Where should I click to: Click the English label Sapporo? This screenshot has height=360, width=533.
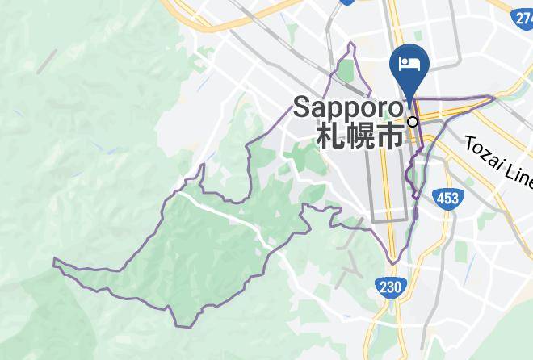pyautogui.click(x=348, y=107)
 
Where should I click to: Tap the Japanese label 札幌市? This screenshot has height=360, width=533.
pyautogui.click(x=359, y=135)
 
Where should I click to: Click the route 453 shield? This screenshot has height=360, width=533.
pyautogui.click(x=448, y=199)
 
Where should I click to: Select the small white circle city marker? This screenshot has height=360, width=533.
pyautogui.click(x=413, y=122)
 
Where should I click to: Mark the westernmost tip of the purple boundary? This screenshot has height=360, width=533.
pyautogui.click(x=54, y=261)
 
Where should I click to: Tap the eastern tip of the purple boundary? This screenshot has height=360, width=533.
pyautogui.click(x=494, y=98)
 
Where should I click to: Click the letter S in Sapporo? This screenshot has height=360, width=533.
pyautogui.click(x=300, y=107)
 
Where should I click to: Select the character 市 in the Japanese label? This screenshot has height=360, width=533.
pyautogui.click(x=390, y=135)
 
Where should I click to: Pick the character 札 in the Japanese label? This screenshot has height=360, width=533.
pyautogui.click(x=329, y=135)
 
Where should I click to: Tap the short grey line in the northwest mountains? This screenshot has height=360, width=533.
pyautogui.click(x=47, y=60)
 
